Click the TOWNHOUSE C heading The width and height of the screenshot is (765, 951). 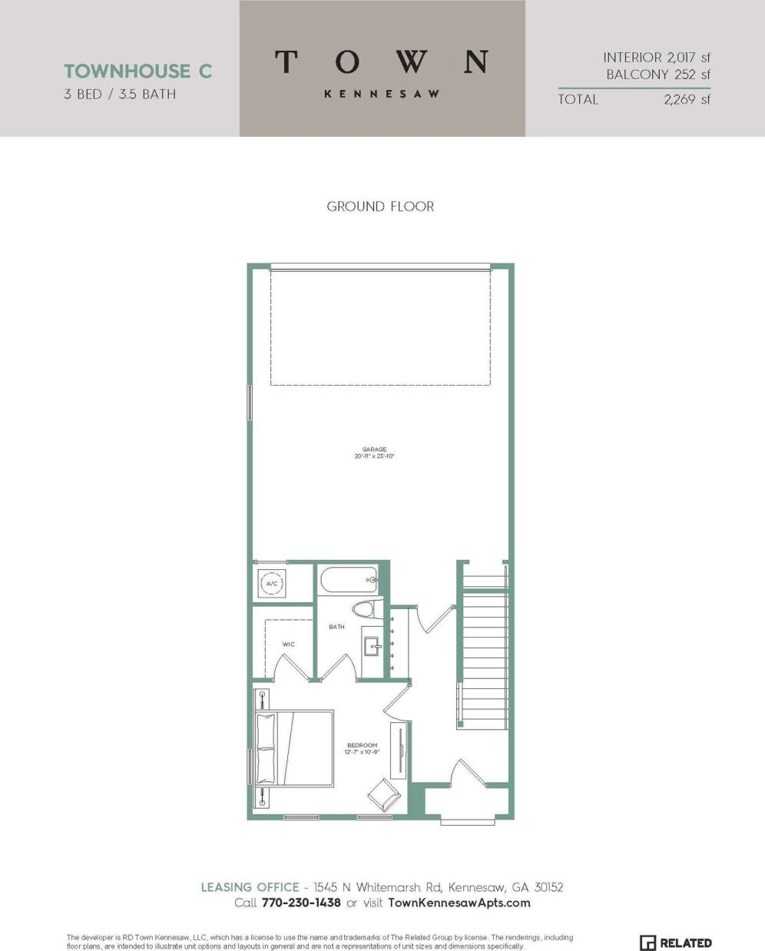pyautogui.click(x=138, y=71)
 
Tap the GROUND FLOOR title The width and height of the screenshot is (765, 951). pyautogui.click(x=380, y=206)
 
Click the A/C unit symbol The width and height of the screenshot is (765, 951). pyautogui.click(x=271, y=584)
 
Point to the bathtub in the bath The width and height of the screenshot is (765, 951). pyautogui.click(x=348, y=579)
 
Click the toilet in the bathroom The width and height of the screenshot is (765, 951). pyautogui.click(x=363, y=610)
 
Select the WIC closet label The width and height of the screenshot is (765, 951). pyautogui.click(x=288, y=644)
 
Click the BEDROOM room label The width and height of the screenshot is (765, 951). pyautogui.click(x=362, y=746)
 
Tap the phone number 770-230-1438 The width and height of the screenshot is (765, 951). pyautogui.click(x=301, y=903)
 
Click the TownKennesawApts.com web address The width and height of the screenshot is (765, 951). pyautogui.click(x=459, y=903)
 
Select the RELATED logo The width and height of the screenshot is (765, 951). pyautogui.click(x=676, y=943)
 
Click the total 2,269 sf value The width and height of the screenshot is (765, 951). pyautogui.click(x=687, y=99)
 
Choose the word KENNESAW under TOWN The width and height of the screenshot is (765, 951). pyautogui.click(x=382, y=94)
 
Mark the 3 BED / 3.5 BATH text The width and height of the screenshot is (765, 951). pyautogui.click(x=120, y=94)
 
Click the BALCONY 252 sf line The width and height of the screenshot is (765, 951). pyautogui.click(x=658, y=75)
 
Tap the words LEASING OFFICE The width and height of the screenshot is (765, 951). pyautogui.click(x=250, y=887)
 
